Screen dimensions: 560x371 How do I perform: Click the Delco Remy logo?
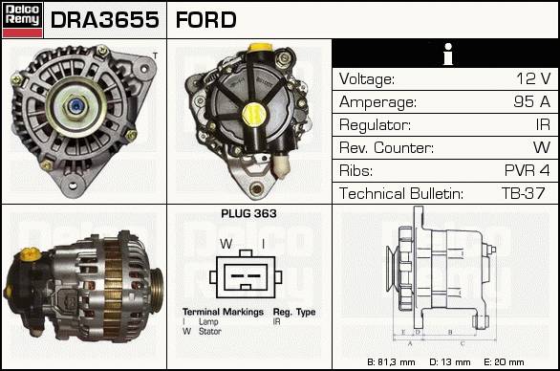click(22, 20)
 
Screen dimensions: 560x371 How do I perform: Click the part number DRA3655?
click(105, 20)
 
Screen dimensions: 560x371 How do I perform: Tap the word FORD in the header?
click(206, 20)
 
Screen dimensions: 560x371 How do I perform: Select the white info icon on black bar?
click(448, 54)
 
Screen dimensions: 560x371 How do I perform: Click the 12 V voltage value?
click(533, 78)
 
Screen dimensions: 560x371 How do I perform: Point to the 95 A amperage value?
click(531, 101)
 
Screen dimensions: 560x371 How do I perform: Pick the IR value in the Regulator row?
click(543, 124)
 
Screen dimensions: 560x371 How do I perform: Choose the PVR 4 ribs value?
click(527, 170)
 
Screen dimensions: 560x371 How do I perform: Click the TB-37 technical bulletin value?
click(524, 193)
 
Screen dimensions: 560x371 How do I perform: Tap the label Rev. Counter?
click(386, 147)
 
